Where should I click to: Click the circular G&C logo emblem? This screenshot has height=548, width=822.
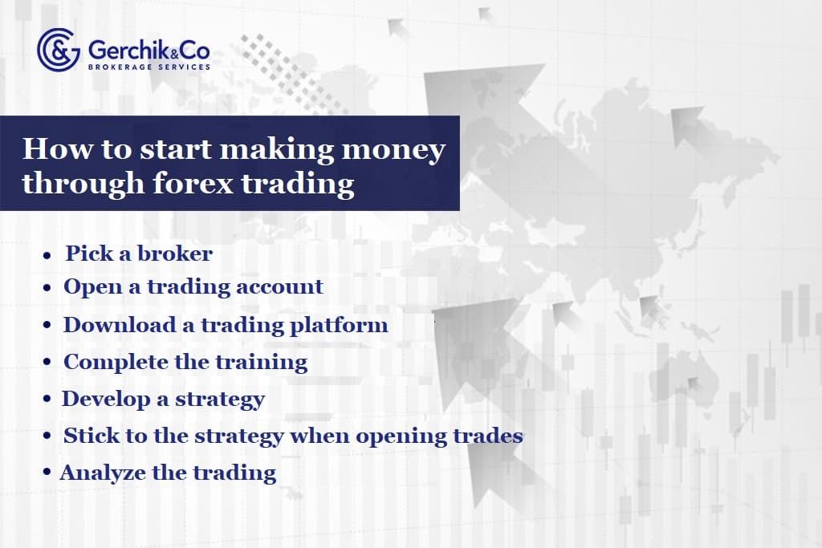pyautogui.click(x=58, y=50)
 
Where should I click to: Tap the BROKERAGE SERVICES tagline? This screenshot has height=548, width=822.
pyautogui.click(x=149, y=67)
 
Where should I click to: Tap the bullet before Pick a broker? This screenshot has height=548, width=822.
pyautogui.click(x=47, y=255)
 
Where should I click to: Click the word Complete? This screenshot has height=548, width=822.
pyautogui.click(x=116, y=363)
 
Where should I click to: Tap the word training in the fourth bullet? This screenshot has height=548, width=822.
pyautogui.click(x=264, y=363)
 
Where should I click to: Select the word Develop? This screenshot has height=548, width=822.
pyautogui.click(x=104, y=399)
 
